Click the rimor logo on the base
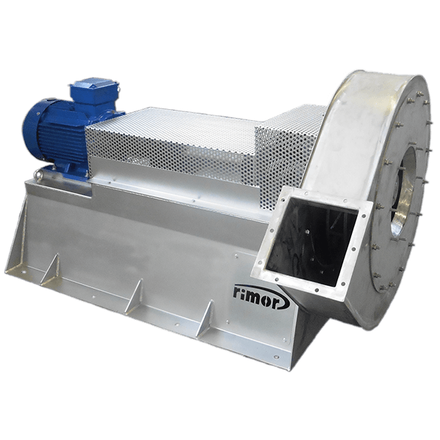tap(260, 297)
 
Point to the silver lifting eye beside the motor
tap(40, 175)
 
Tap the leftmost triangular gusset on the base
tap(51, 269)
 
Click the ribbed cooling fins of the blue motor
tap(63, 139)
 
